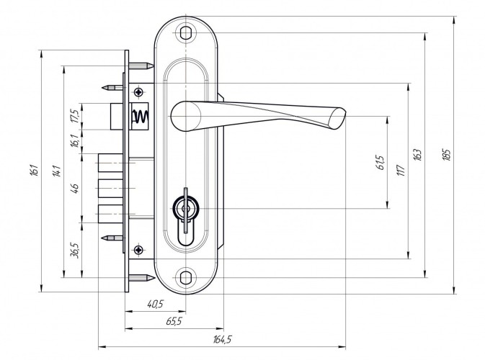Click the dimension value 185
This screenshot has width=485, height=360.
[x=447, y=155]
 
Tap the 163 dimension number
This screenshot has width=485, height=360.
[x=417, y=155]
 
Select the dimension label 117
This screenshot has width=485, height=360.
[x=401, y=170]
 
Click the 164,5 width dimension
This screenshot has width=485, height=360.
[x=222, y=340]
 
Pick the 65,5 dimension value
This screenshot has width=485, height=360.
[x=174, y=321]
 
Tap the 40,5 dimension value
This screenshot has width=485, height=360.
[x=155, y=304]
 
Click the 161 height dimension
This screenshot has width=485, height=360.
[x=35, y=171]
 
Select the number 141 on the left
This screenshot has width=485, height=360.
[x=57, y=171]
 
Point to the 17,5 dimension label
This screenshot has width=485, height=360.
[x=75, y=116]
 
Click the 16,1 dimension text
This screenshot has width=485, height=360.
[x=75, y=141]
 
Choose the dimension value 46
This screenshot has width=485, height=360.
[x=75, y=188]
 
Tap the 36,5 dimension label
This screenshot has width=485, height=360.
[x=75, y=250]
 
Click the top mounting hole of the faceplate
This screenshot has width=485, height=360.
[x=185, y=33]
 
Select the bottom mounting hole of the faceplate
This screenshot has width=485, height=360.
[x=185, y=277]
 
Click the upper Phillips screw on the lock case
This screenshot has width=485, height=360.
[x=139, y=91]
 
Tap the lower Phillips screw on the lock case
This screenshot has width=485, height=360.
[x=139, y=250]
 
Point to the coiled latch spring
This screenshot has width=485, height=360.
[x=141, y=116]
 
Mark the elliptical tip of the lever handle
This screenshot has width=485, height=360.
[x=337, y=118]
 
